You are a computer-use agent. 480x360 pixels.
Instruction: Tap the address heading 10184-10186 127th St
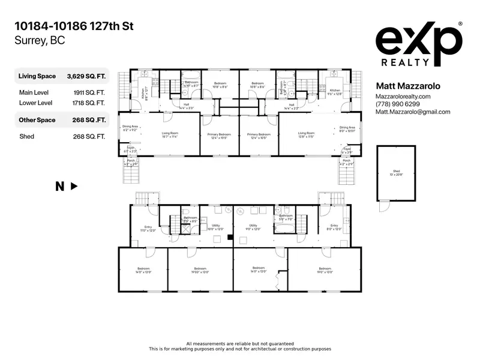click(x=75, y=26)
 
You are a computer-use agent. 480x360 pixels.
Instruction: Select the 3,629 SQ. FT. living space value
click(x=86, y=76)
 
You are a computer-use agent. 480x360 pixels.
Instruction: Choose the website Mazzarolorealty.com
click(x=403, y=97)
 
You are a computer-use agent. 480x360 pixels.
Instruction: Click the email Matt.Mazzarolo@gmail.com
click(x=412, y=112)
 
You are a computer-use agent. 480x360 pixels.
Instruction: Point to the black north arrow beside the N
click(x=74, y=187)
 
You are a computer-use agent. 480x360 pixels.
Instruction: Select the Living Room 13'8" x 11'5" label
click(x=306, y=134)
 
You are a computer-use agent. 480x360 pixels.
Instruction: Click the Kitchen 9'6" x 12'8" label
click(x=334, y=92)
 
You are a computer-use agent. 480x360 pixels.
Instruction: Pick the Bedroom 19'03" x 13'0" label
click(x=200, y=271)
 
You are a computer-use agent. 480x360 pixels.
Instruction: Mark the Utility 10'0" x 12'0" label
click(x=215, y=227)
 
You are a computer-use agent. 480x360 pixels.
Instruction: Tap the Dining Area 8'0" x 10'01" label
click(x=347, y=129)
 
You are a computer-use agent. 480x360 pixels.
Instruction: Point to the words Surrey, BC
click(x=39, y=41)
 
